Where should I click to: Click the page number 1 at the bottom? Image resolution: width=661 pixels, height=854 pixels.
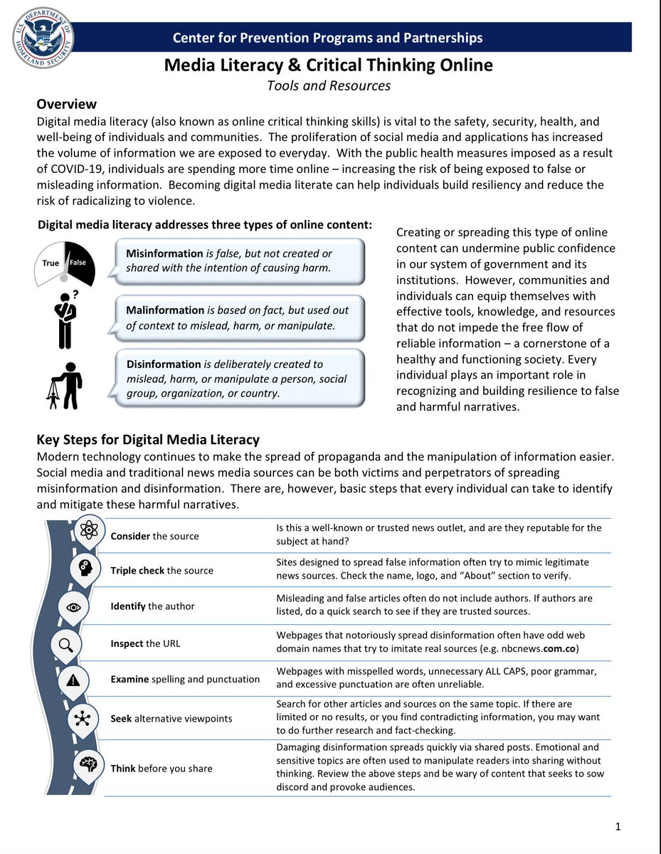[618, 826]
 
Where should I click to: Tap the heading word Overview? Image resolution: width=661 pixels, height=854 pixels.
[66, 105]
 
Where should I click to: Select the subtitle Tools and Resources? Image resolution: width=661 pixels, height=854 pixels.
[329, 85]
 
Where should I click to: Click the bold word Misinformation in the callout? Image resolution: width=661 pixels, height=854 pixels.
[164, 254]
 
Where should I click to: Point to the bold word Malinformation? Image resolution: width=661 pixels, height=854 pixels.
[164, 310]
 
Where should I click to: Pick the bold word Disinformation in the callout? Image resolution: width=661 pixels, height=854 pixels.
[163, 364]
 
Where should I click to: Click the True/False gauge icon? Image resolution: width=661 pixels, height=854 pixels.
[64, 263]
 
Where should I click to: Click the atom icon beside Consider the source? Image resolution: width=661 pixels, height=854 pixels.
[90, 531]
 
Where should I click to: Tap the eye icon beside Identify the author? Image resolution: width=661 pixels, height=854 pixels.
[78, 606]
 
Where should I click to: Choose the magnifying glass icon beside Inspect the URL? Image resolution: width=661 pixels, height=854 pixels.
[66, 645]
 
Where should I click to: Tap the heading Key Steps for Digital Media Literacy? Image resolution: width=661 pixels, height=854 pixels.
[148, 439]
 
